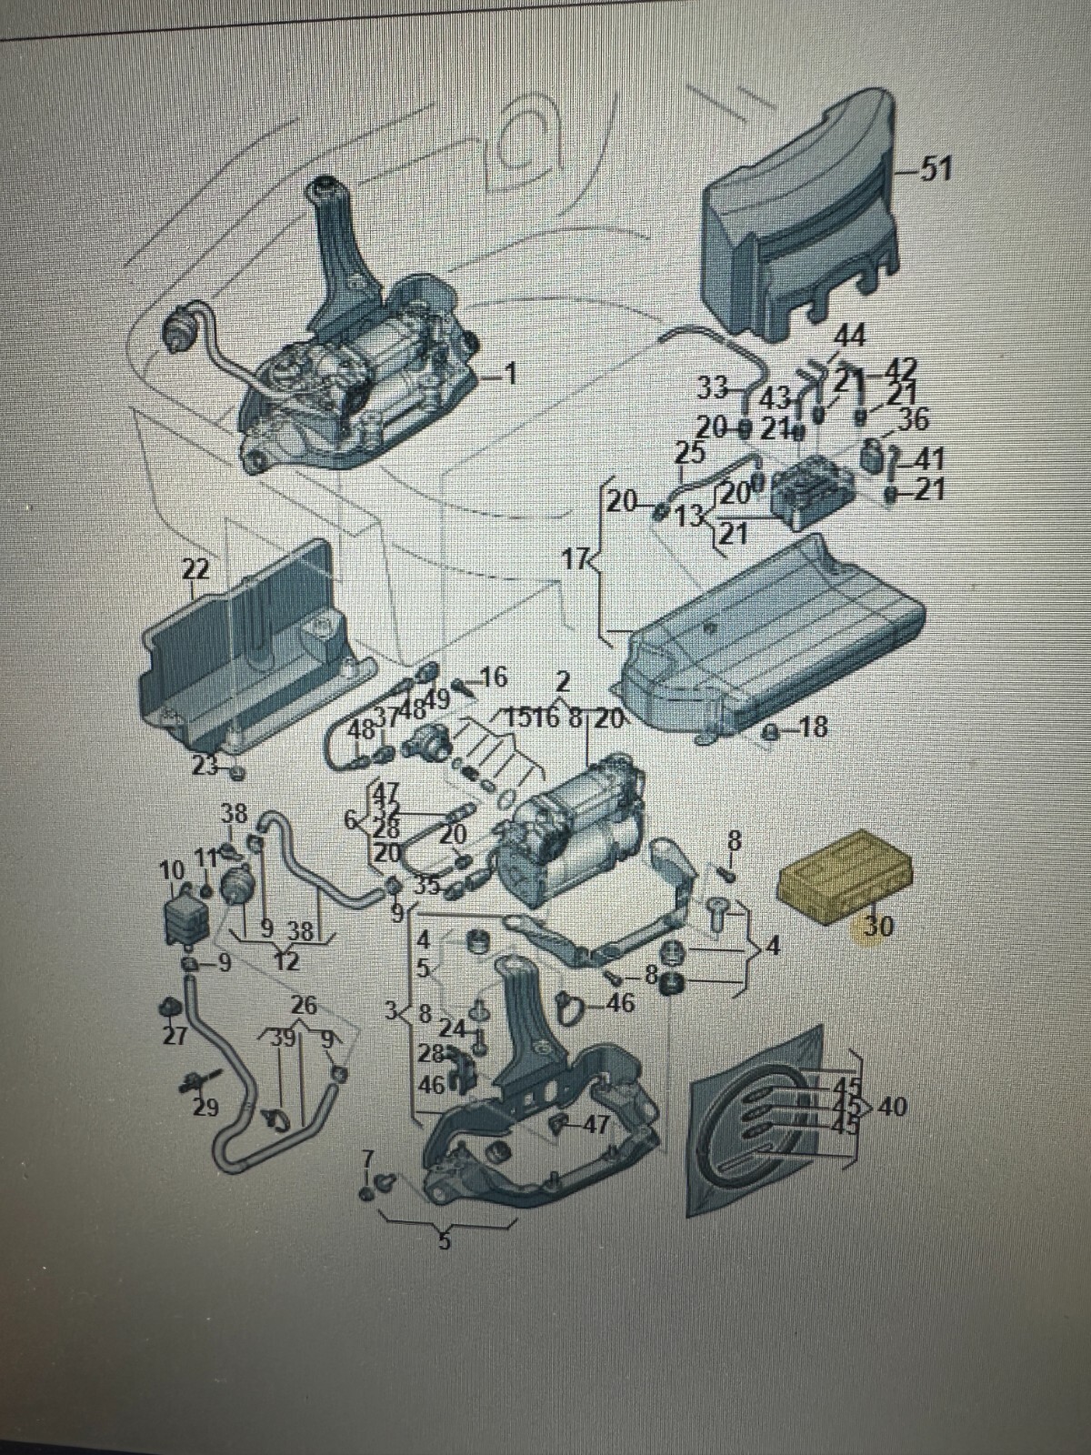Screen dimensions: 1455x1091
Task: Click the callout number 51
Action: [x=935, y=169]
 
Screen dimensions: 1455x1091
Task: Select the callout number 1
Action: [x=510, y=373]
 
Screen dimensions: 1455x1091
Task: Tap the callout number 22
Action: [x=195, y=570]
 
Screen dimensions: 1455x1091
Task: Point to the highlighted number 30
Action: [x=878, y=926]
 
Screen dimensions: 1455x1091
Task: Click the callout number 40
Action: [x=894, y=1108]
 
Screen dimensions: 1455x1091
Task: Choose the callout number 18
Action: [x=813, y=728]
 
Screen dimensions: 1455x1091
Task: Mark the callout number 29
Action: [x=206, y=1108]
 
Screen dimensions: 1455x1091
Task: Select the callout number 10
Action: [x=171, y=871]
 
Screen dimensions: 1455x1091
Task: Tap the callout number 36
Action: [x=913, y=419]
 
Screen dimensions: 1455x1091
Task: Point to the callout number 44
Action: [x=849, y=336]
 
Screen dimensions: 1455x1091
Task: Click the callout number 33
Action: [x=713, y=388]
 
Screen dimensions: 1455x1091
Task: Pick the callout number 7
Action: [x=367, y=1159]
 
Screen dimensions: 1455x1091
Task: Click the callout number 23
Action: [x=204, y=766]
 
